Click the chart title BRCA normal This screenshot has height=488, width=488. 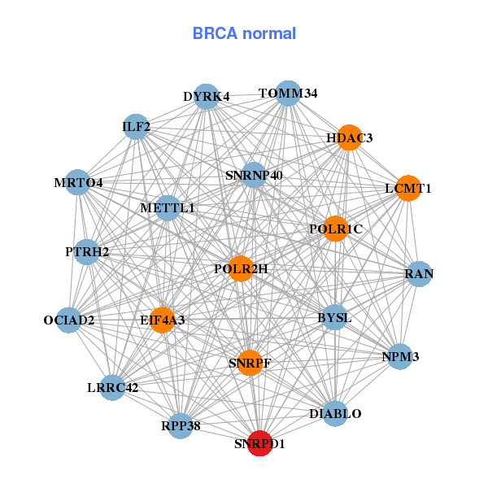tap(244, 34)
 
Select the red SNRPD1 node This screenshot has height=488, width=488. tap(259, 444)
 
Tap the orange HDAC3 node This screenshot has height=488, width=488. tap(349, 137)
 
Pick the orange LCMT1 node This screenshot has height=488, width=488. tap(408, 188)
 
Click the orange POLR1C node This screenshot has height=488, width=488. tap(335, 229)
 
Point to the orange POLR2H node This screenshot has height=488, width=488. tap(241, 268)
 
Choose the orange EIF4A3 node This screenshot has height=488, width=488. tap(163, 320)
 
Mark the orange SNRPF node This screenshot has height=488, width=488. tap(250, 363)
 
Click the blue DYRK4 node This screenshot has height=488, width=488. tap(207, 96)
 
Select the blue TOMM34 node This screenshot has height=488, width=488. tap(288, 93)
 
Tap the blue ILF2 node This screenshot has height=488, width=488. tap(136, 126)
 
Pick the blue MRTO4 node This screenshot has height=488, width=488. tap(79, 182)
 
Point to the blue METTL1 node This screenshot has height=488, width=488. tap(168, 208)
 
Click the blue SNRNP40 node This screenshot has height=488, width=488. tap(254, 174)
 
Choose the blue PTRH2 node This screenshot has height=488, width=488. tap(88, 251)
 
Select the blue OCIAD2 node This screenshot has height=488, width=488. tap(69, 320)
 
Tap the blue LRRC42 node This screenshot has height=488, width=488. tap(113, 387)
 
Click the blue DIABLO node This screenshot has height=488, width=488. tap(335, 414)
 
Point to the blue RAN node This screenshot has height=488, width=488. tap(419, 274)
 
